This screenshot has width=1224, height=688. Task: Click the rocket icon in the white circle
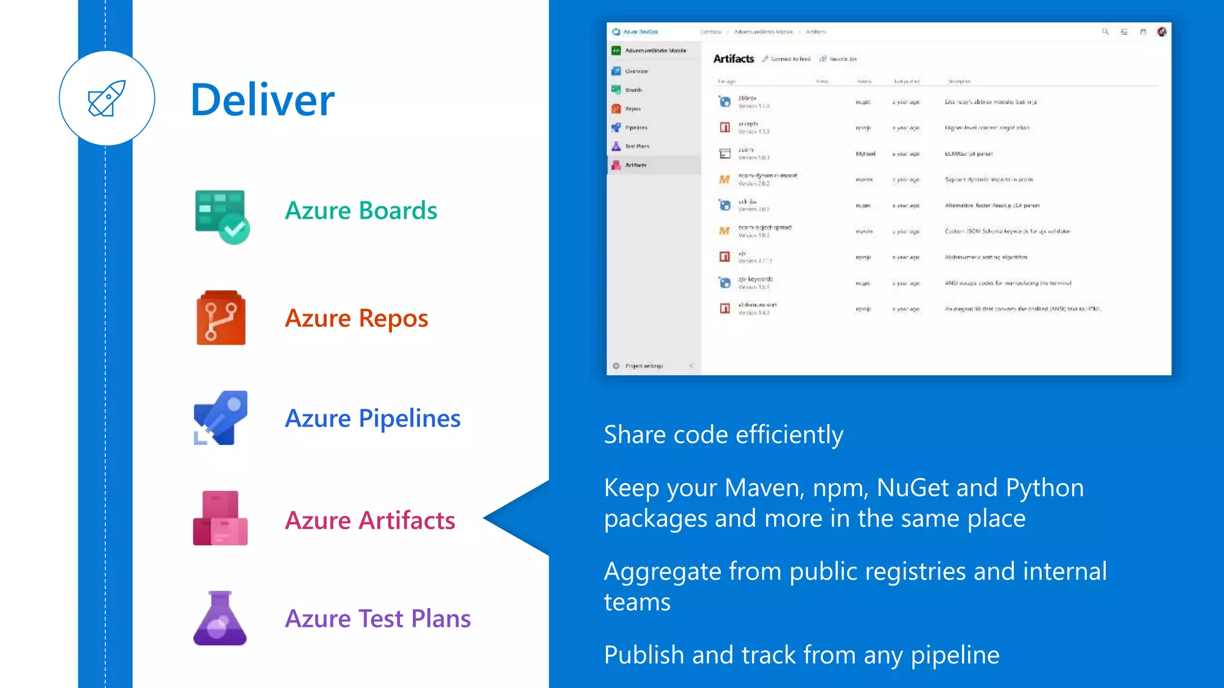[106, 99]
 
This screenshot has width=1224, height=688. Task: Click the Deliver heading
[262, 100]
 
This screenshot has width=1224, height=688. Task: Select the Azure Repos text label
[356, 318]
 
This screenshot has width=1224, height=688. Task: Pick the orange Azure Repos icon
[221, 318]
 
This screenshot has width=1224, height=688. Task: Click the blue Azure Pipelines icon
[220, 418]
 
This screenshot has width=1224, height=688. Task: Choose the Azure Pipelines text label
[372, 419]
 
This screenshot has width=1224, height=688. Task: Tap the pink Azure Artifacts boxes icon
[220, 518]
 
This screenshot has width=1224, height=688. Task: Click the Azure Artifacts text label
[370, 520]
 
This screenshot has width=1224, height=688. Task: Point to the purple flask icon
[220, 619]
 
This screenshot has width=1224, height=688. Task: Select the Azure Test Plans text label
[378, 619]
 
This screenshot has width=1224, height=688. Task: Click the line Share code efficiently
[723, 435]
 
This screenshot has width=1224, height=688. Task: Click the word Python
[1044, 488]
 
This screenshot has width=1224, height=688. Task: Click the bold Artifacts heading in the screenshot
[733, 59]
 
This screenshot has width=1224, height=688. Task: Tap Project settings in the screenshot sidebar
[643, 365]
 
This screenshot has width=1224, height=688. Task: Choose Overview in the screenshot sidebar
[636, 71]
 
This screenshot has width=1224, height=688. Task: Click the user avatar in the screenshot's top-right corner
[1161, 32]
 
